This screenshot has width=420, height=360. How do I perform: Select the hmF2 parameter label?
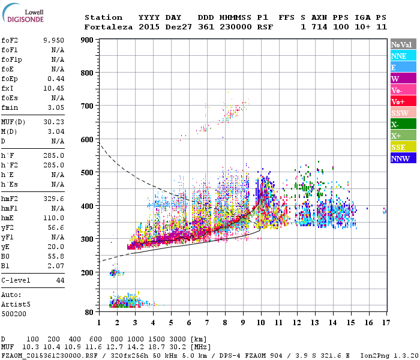[x=10, y=197]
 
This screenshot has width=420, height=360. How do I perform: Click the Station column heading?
[x=103, y=17]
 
